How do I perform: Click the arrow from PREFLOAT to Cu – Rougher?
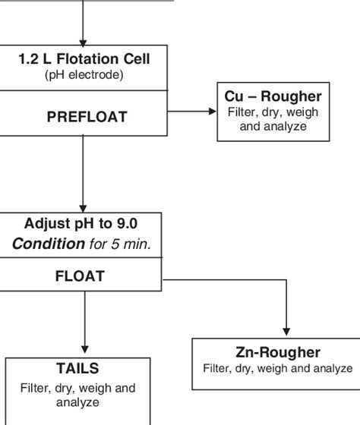click(x=190, y=111)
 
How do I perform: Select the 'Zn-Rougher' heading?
click(x=276, y=352)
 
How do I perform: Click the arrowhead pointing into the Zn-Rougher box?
click(x=286, y=332)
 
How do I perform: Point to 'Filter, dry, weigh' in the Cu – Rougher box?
click(x=273, y=112)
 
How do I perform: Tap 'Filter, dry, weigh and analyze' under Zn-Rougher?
click(x=276, y=369)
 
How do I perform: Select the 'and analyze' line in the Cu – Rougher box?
click(x=273, y=126)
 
